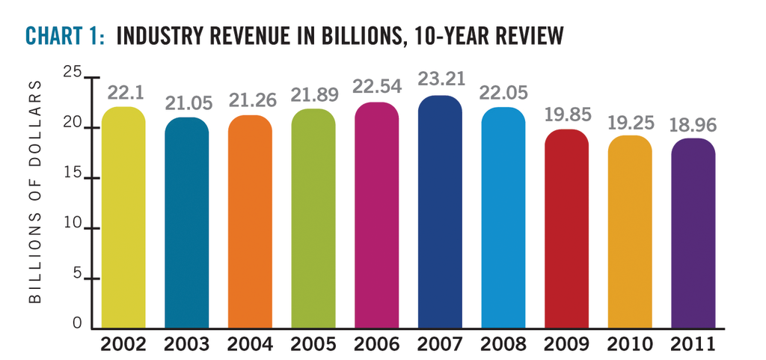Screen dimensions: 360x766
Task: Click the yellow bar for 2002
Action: pyautogui.click(x=123, y=218)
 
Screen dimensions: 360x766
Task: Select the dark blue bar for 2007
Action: pyautogui.click(x=440, y=213)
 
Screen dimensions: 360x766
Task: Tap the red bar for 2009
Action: pyautogui.click(x=566, y=229)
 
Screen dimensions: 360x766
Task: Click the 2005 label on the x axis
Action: pyautogui.click(x=313, y=345)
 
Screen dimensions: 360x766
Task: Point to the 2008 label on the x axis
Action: pyautogui.click(x=503, y=345)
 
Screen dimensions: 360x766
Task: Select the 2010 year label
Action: pyautogui.click(x=630, y=345)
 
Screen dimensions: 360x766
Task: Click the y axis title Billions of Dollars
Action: pyautogui.click(x=35, y=200)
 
